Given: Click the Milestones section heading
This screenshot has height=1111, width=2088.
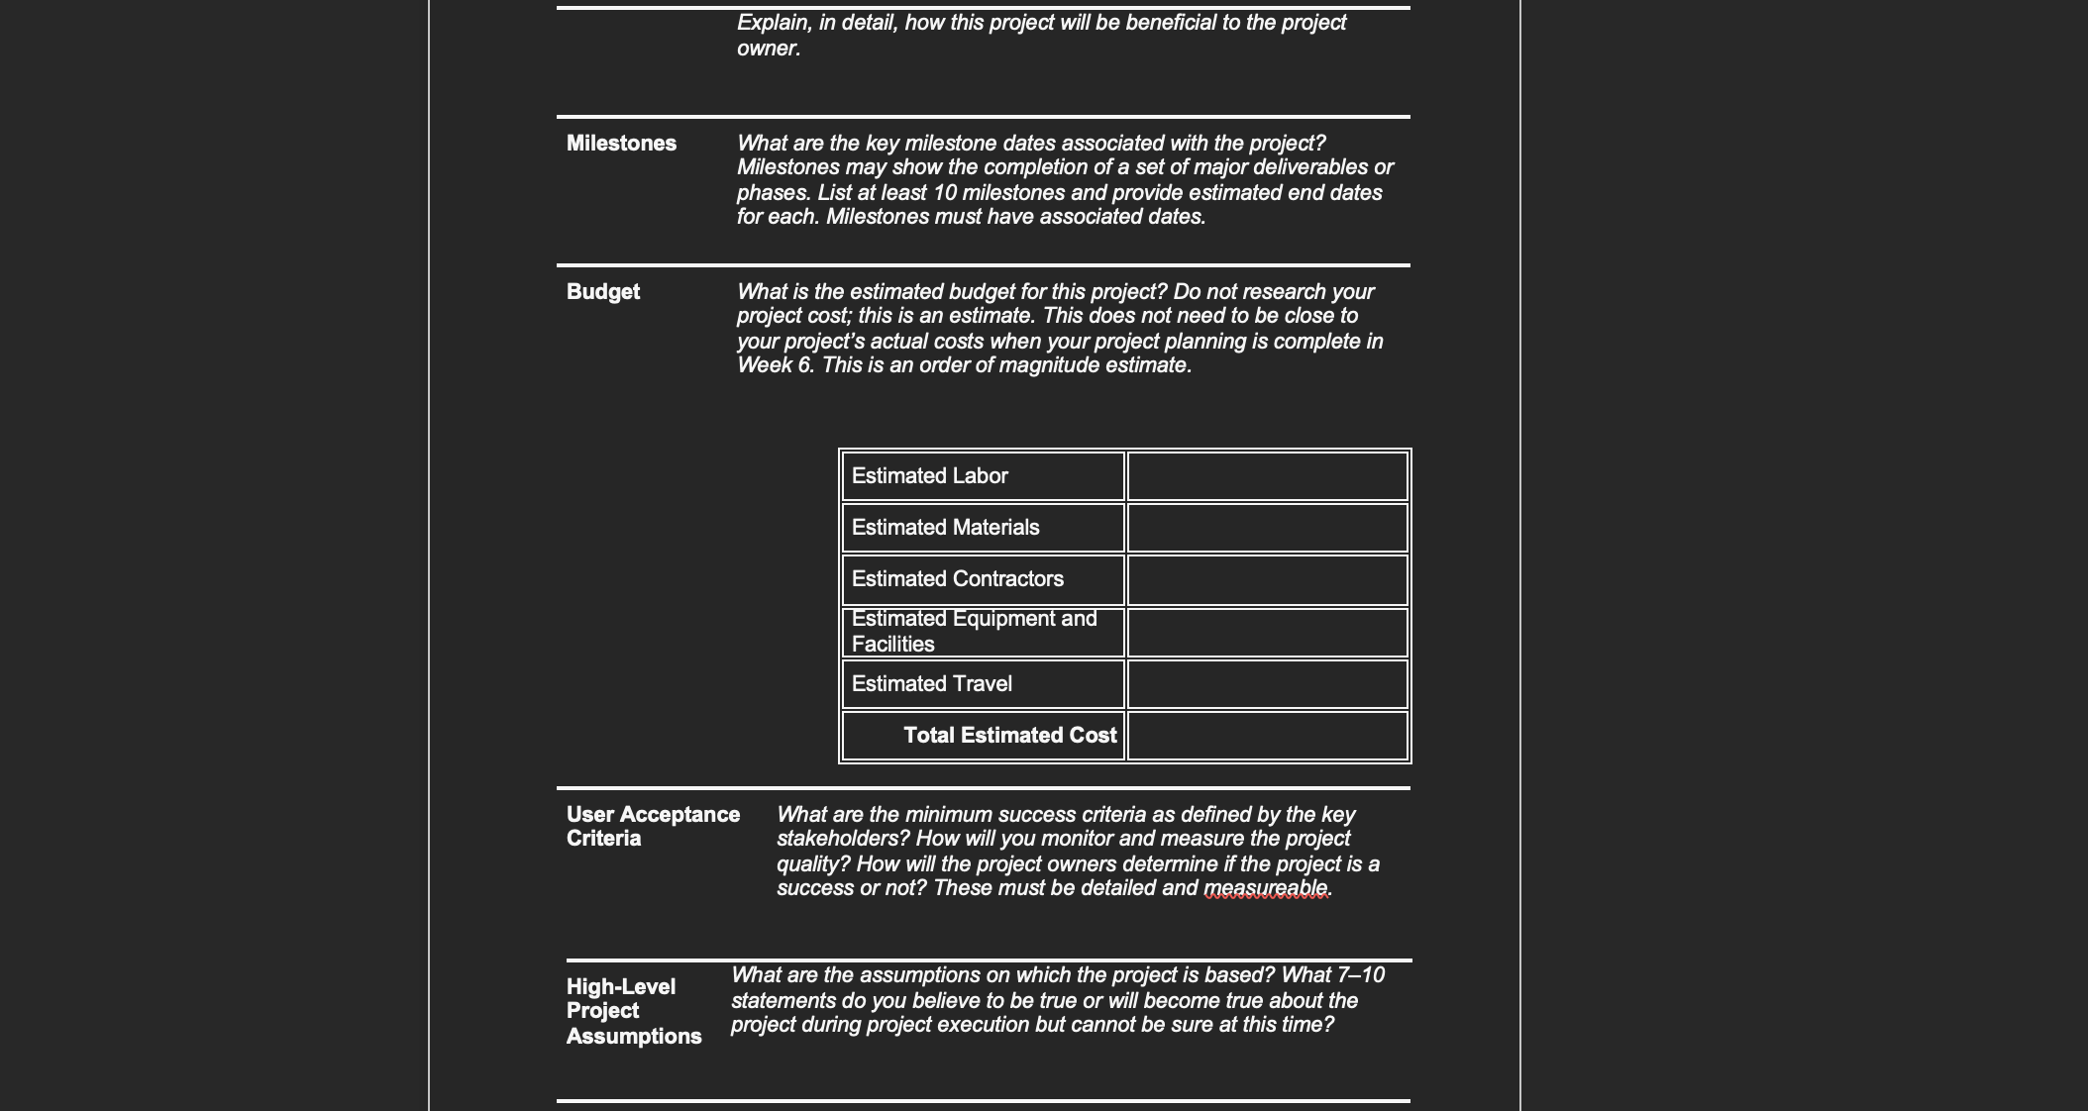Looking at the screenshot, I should coord(621,144).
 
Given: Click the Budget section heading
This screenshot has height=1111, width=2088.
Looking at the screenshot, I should coord(602,292).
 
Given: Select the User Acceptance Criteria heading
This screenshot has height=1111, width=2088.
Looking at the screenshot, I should coord(653,826).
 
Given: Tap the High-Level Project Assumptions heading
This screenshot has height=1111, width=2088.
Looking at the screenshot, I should coord(633,1011).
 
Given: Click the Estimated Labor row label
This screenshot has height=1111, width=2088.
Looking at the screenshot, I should coord(929,476).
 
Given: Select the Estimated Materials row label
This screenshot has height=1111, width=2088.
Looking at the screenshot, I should coord(945,528).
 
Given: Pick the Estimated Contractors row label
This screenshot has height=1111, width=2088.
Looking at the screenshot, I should coord(957,579).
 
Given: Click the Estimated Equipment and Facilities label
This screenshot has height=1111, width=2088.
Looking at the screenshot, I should coord(974,632).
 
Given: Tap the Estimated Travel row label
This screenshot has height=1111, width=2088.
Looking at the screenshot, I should coord(931,684).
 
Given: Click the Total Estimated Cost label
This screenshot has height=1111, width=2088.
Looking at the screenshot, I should coord(1009,736).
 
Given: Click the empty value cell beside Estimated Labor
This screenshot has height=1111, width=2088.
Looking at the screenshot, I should coord(1267,476).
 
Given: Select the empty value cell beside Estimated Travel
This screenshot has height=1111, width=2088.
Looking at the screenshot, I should coord(1267,684).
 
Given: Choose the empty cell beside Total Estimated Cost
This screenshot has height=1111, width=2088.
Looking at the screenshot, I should coord(1267,736).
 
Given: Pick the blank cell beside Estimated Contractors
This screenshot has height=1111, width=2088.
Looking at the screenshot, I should coord(1267,579).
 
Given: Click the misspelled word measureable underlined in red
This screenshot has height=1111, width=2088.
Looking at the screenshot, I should coord(1265,888).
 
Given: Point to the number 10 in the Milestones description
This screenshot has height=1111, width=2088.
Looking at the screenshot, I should coord(944,193).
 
